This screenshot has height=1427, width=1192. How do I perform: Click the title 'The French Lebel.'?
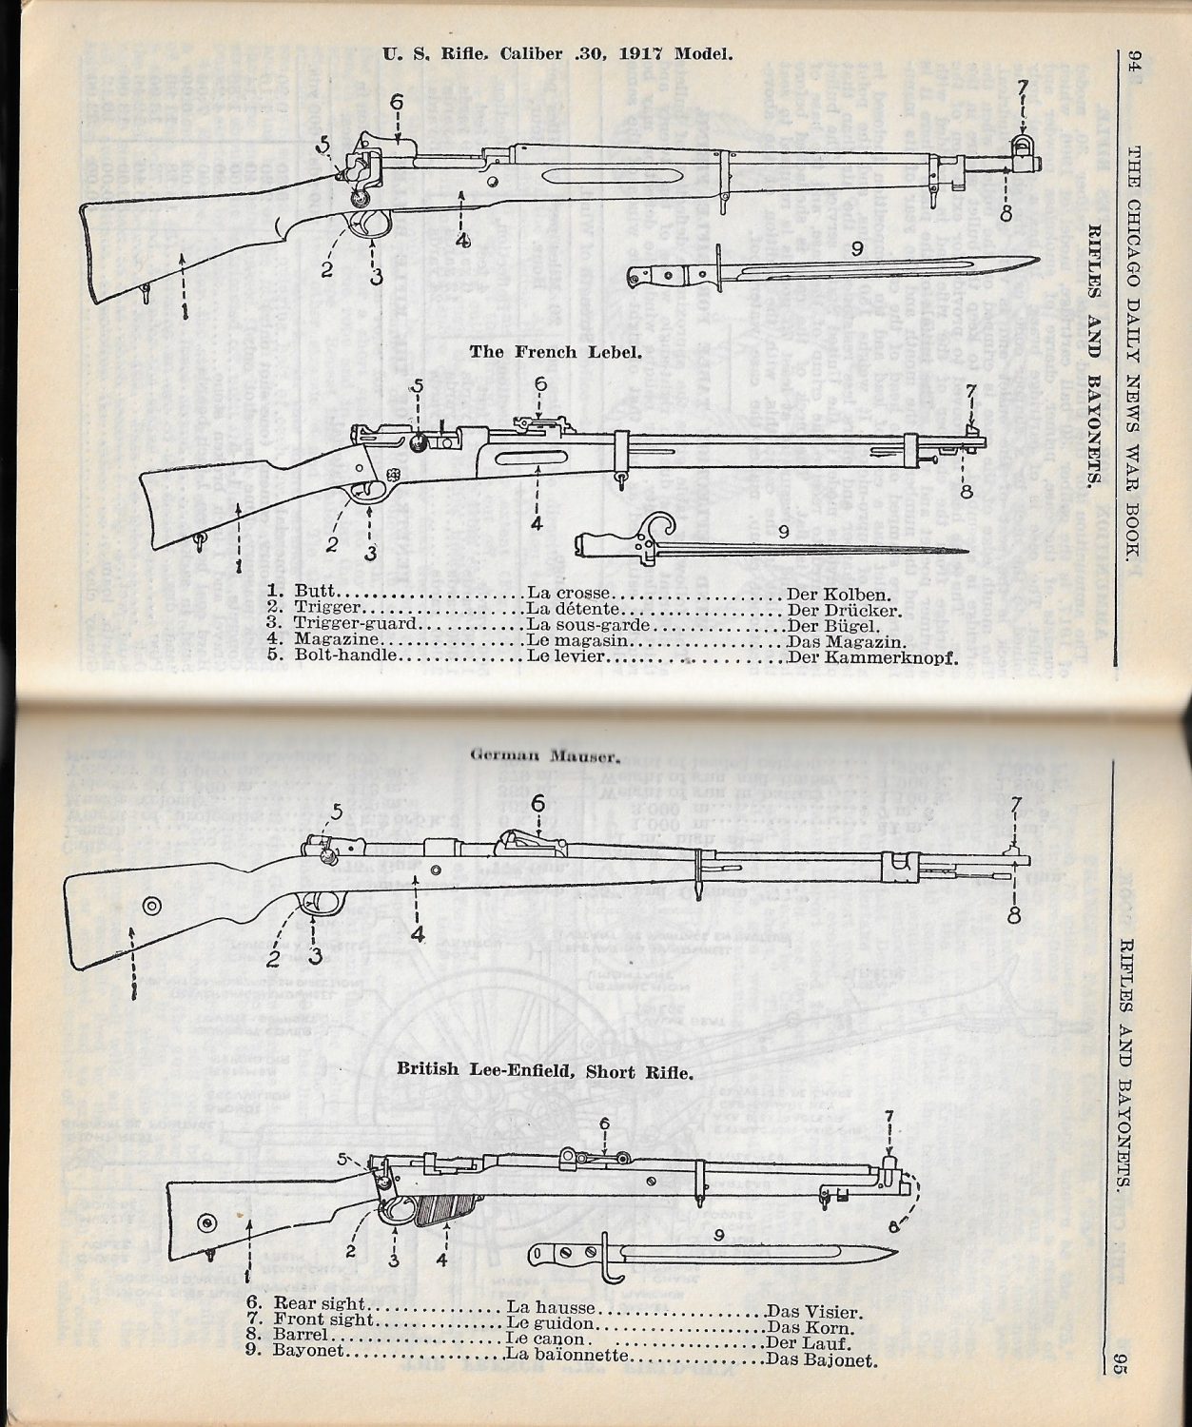(x=556, y=352)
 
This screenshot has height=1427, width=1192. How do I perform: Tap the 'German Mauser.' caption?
(x=546, y=757)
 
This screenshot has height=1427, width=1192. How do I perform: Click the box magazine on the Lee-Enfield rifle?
(x=444, y=1210)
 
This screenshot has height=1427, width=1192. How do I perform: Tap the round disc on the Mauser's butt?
(x=151, y=905)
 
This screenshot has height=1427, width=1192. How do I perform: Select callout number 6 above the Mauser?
(x=538, y=804)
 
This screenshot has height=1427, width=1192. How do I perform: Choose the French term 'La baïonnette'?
(x=566, y=1355)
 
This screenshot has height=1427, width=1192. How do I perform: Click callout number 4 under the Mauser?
(x=417, y=934)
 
